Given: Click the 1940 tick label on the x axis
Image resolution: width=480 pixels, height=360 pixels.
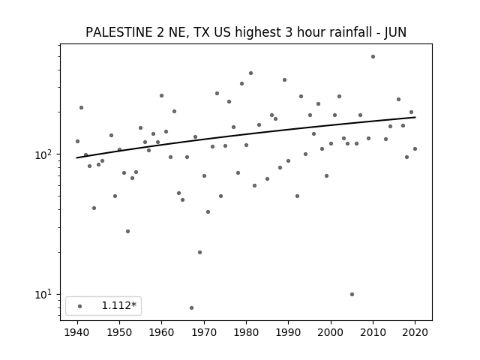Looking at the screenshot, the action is tap(77, 332).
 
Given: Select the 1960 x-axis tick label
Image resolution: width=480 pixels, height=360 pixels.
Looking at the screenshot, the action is tap(162, 332).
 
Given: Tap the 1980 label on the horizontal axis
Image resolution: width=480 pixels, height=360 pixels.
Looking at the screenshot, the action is tap(246, 332).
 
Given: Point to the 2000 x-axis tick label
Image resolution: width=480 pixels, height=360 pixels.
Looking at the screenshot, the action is tap(331, 332).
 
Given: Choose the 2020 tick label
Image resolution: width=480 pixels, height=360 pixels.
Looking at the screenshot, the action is tap(415, 332).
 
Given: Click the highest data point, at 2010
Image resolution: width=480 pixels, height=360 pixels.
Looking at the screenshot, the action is tap(373, 57).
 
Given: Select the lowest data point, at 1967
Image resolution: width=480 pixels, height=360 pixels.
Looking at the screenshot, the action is tap(192, 307).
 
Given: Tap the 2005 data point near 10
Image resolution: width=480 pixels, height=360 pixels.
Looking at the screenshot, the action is tap(352, 294).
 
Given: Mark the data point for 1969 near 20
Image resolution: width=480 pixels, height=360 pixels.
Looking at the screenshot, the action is tap(200, 252).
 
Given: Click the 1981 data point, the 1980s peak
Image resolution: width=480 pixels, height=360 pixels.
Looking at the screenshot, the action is tap(250, 73).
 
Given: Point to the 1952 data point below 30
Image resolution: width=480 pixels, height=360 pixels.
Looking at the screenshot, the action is tap(128, 231).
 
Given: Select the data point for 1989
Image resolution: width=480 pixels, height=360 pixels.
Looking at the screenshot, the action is tap(284, 80).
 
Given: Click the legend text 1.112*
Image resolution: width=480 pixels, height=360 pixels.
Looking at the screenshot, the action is tap(119, 305).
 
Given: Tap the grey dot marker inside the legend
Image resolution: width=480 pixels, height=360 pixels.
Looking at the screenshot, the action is tap(80, 306).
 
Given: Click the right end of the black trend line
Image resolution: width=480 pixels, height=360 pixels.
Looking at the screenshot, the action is tap(415, 117).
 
